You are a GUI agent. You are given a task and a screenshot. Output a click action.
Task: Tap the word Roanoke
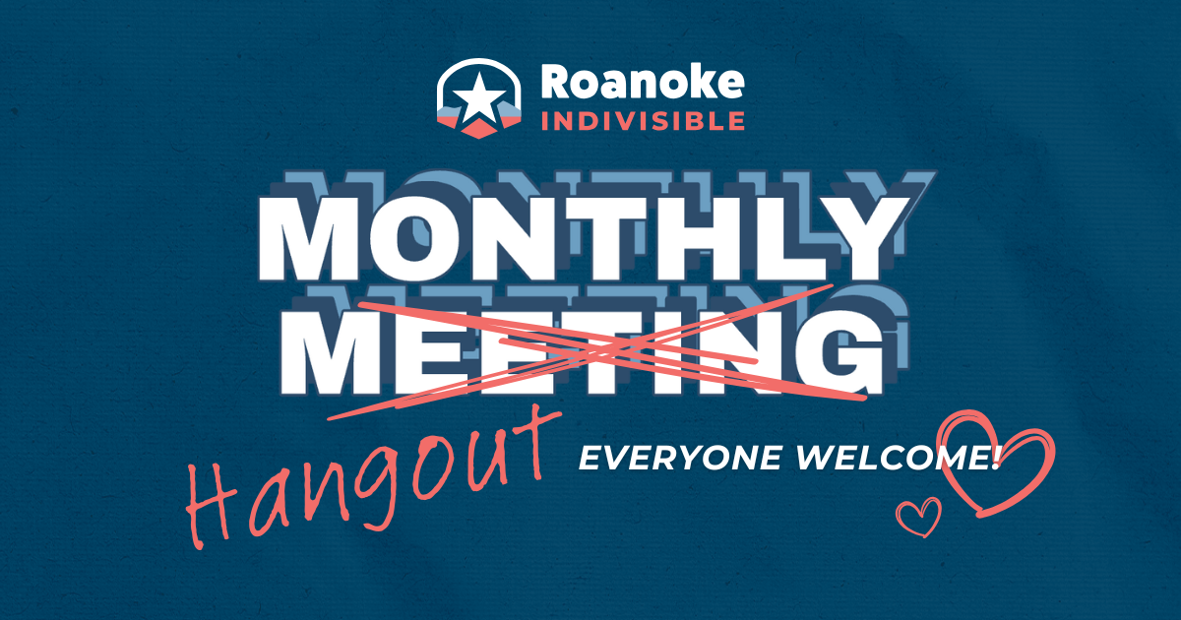pos(642,85)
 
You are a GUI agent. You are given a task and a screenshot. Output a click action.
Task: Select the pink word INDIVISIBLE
pos(642,122)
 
